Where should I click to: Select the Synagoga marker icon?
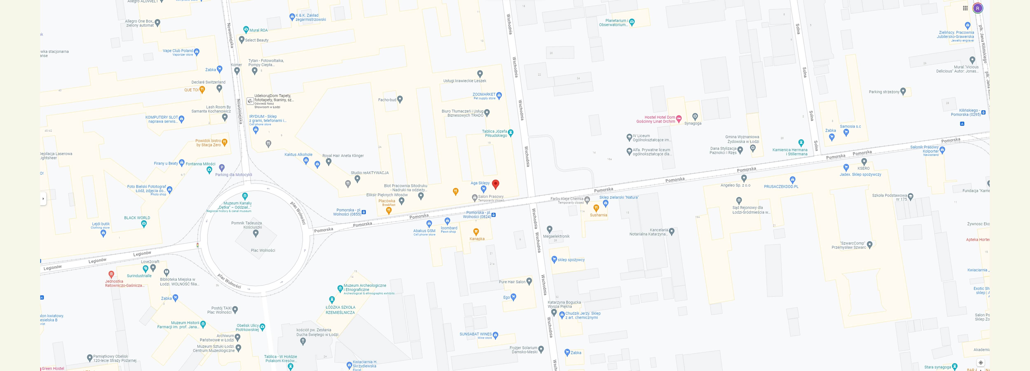pos(695,116)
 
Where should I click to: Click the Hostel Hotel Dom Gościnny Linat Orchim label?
pos(656,119)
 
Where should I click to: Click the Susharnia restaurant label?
pos(598,215)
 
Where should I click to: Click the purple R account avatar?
pos(978,8)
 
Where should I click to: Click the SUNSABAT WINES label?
pos(475,334)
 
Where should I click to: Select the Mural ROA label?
pos(258,30)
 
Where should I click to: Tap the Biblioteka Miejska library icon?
pos(166,272)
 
